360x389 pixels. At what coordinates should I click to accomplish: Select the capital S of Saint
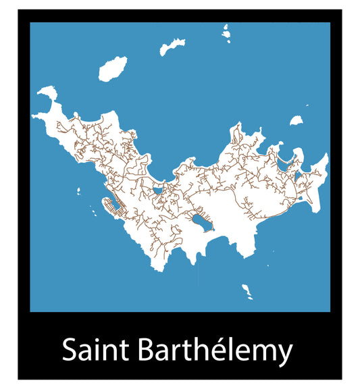68,351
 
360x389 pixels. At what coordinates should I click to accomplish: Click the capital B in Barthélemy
147,351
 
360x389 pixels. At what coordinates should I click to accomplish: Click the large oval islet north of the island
113,69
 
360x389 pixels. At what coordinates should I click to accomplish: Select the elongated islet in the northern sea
172,47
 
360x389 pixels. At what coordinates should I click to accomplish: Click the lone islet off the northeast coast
296,121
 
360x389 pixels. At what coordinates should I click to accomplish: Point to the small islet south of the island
247,292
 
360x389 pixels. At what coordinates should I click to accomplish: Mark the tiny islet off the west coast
79,191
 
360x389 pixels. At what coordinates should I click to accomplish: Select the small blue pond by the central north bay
159,190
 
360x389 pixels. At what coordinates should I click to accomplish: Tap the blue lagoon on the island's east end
284,163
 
